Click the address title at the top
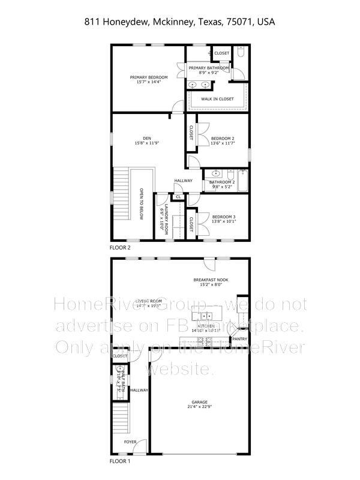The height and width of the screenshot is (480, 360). pyautogui.click(x=180, y=22)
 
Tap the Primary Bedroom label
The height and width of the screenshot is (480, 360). pyautogui.click(x=149, y=77)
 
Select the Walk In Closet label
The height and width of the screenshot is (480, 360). pyautogui.click(x=217, y=99)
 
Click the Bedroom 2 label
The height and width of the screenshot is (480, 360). pyautogui.click(x=222, y=139)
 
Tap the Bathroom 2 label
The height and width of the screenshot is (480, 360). pyautogui.click(x=221, y=182)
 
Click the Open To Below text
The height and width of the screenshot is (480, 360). pyautogui.click(x=142, y=204)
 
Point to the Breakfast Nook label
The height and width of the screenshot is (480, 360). pyautogui.click(x=211, y=280)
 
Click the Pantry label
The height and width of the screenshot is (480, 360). pyautogui.click(x=239, y=339)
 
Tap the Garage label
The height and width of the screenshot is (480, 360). pyautogui.click(x=199, y=402)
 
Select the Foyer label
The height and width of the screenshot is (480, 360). pyautogui.click(x=130, y=442)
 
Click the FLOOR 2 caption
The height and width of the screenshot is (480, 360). pyautogui.click(x=120, y=247)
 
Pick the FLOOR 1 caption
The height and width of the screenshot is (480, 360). pyautogui.click(x=119, y=461)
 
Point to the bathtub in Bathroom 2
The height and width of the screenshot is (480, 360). pyautogui.click(x=243, y=182)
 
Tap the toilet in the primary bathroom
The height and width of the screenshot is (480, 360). pyautogui.click(x=239, y=53)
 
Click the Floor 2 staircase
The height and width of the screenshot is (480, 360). pyautogui.click(x=122, y=195)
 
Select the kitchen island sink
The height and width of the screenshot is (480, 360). pyautogui.click(x=206, y=316)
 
